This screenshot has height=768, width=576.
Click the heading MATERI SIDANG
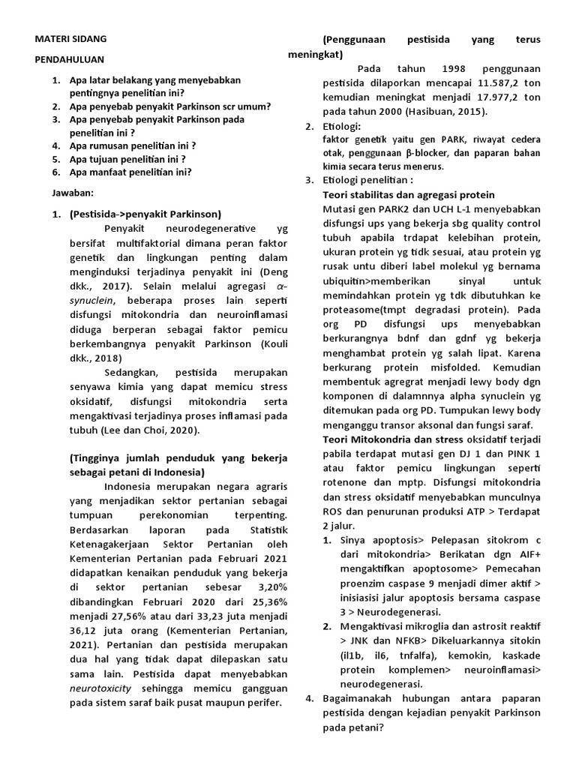(x=71, y=37)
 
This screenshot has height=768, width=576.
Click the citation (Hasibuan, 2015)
(x=444, y=112)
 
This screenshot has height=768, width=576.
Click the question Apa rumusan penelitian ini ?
(x=132, y=145)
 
